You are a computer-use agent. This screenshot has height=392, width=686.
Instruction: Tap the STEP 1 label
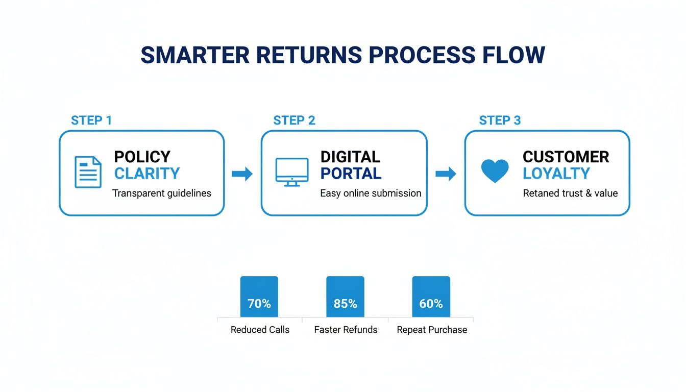[91, 120]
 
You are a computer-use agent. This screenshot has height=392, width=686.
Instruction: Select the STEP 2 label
[294, 120]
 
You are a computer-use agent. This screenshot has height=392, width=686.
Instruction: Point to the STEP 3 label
[500, 120]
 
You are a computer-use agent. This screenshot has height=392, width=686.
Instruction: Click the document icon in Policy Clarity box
[88, 172]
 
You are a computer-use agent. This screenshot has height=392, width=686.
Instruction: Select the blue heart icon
[495, 171]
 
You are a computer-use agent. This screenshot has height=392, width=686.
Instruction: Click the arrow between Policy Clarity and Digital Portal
[242, 174]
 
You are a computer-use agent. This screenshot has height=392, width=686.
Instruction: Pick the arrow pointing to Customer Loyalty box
[446, 174]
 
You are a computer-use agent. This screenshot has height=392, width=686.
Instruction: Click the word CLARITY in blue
[147, 174]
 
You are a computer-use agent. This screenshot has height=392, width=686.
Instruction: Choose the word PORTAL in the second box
[351, 174]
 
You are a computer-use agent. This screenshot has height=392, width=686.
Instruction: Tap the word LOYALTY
[556, 174]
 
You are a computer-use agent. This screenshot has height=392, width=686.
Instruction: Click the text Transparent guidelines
[161, 193]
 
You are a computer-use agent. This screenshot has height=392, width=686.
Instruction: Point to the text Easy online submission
[371, 193]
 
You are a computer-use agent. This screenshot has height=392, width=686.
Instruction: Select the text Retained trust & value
[570, 193]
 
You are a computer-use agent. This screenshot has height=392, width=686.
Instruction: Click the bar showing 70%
[259, 297]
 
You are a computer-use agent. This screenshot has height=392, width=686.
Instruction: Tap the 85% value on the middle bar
[345, 304]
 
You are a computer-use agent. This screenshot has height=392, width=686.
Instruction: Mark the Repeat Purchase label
[432, 330]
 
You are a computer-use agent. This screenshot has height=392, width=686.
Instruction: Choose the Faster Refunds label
[346, 330]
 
